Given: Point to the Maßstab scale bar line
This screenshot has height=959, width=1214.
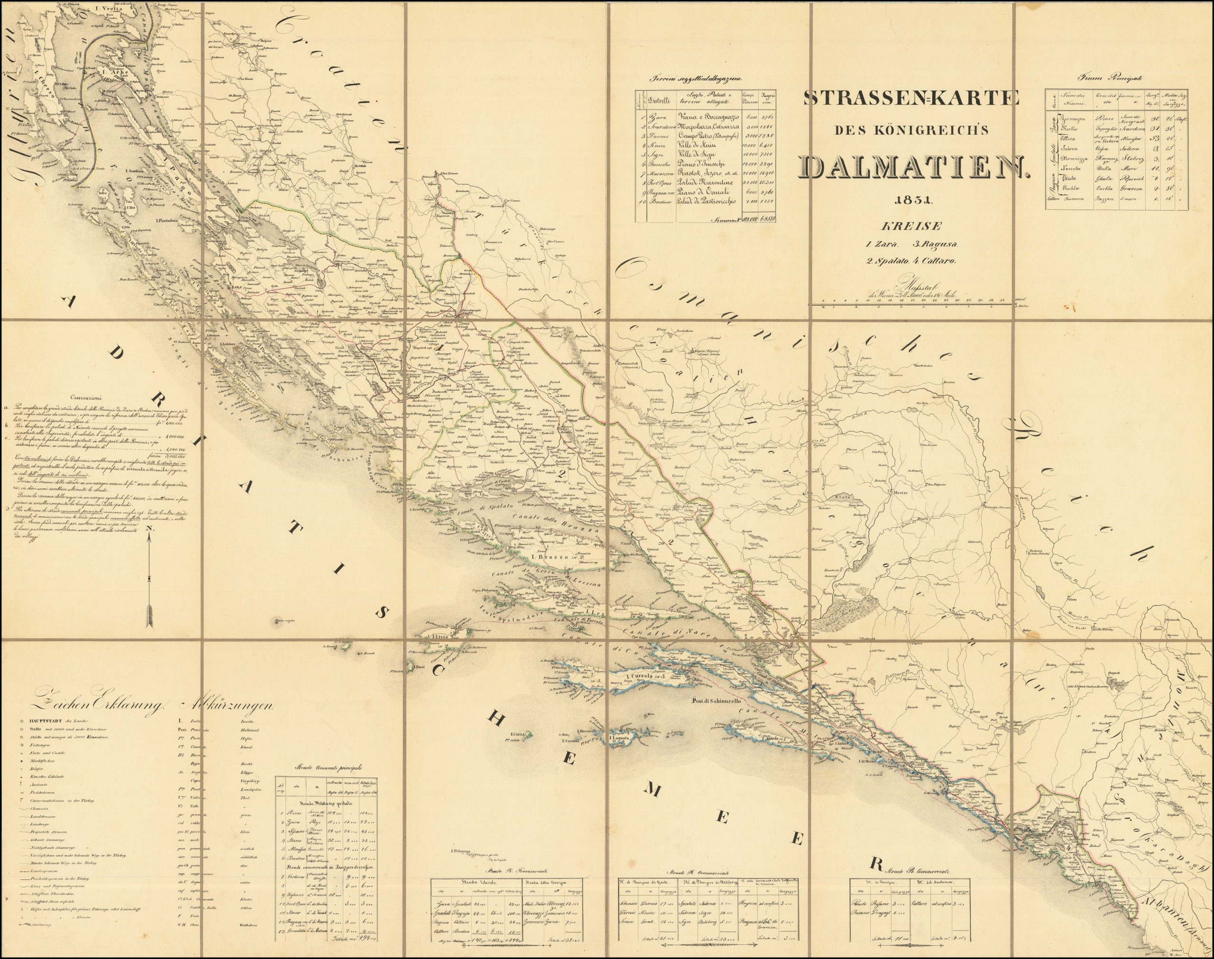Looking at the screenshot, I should point(909,304).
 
